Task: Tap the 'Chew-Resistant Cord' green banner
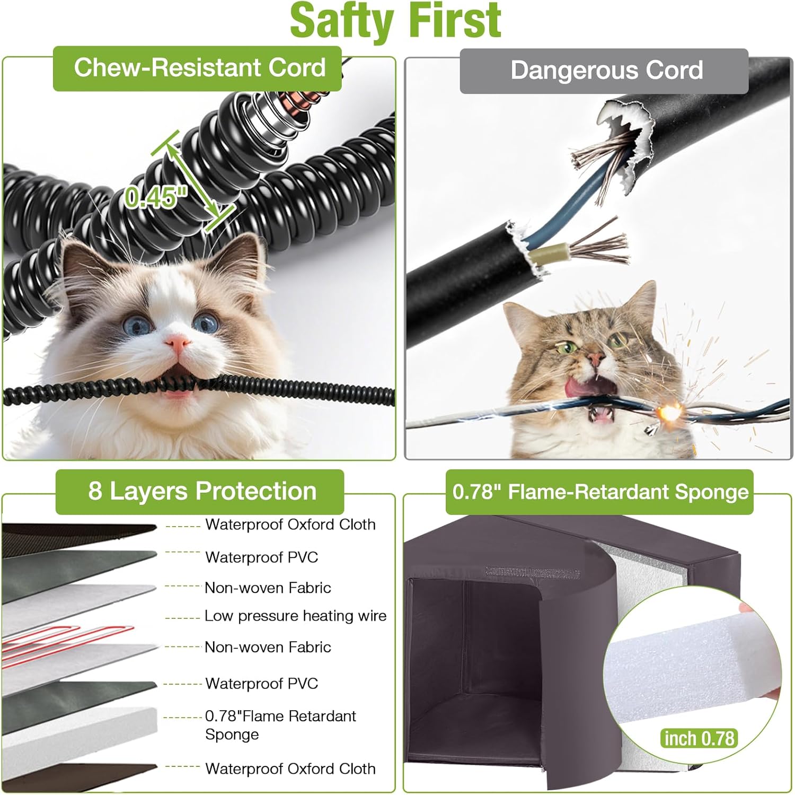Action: pyautogui.click(x=199, y=68)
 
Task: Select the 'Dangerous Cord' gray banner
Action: pyautogui.click(x=606, y=71)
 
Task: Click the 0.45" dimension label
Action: pyautogui.click(x=156, y=197)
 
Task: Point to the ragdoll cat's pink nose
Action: pyautogui.click(x=178, y=343)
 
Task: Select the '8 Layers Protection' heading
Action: pyautogui.click(x=202, y=491)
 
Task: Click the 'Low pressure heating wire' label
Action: pyautogui.click(x=295, y=616)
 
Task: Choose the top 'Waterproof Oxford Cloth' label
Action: pyautogui.click(x=290, y=525)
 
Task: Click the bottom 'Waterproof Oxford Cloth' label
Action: pyautogui.click(x=290, y=768)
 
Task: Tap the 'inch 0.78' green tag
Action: pyautogui.click(x=699, y=738)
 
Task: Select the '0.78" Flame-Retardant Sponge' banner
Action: pyautogui.click(x=600, y=492)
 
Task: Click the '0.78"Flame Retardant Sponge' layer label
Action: pyautogui.click(x=280, y=724)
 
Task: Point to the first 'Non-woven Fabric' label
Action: pyautogui.click(x=268, y=588)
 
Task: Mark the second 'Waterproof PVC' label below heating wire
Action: pyautogui.click(x=261, y=683)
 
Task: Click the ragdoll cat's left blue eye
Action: pyautogui.click(x=136, y=324)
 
